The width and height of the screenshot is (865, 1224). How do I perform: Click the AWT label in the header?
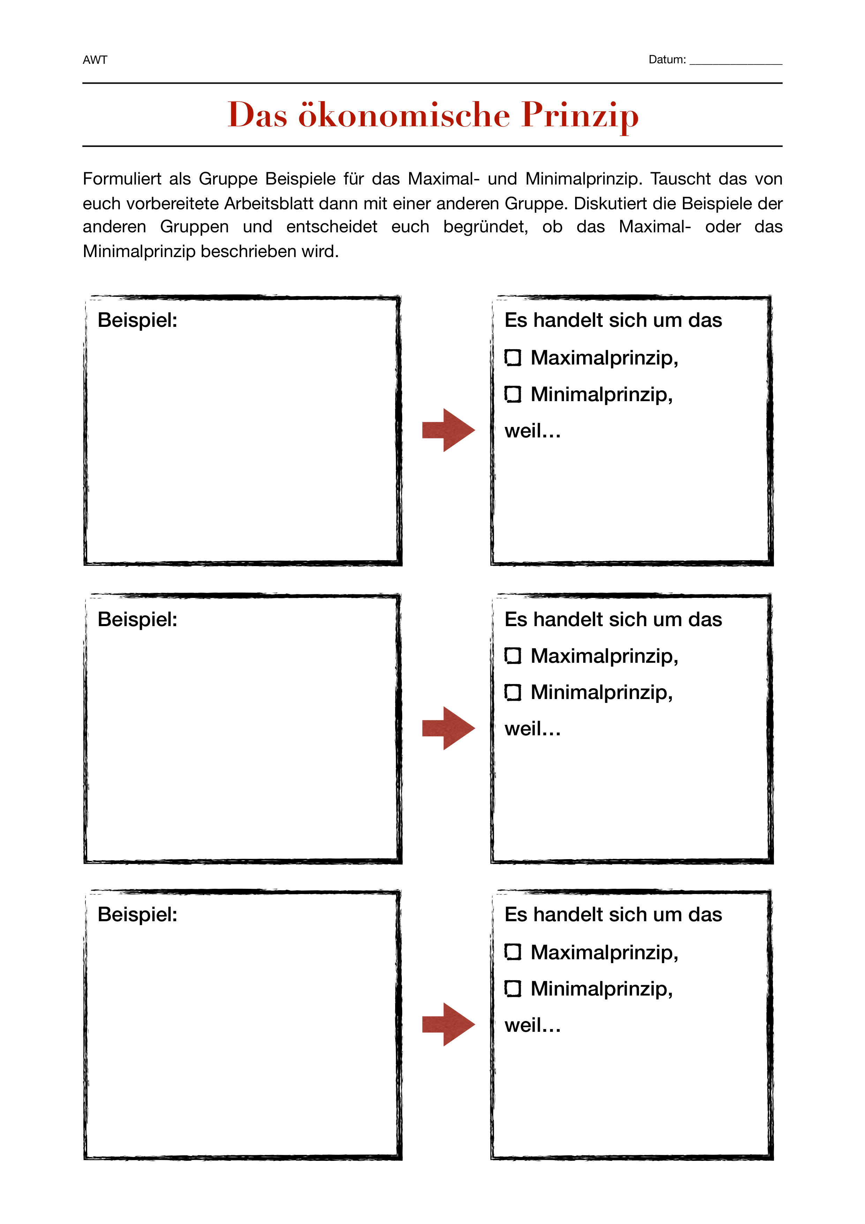95,60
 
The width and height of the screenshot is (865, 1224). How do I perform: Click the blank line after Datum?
736,61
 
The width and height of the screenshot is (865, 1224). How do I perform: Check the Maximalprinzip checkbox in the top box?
513,358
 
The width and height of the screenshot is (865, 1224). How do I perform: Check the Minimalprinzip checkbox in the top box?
513,395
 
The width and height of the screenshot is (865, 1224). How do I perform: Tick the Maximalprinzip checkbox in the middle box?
513,656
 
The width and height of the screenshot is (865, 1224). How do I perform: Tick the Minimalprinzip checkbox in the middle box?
513,692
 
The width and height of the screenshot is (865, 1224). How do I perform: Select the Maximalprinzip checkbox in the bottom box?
513,952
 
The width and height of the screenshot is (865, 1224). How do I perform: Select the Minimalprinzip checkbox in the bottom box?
513,989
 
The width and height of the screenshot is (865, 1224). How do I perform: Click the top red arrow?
448,430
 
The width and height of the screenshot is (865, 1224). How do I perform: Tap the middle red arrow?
448,728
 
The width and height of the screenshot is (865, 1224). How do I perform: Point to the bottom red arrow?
448,1024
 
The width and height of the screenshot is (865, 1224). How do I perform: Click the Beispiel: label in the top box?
137,321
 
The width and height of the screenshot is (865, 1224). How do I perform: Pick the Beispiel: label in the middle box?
137,619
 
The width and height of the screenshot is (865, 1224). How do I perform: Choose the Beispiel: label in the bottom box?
137,915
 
